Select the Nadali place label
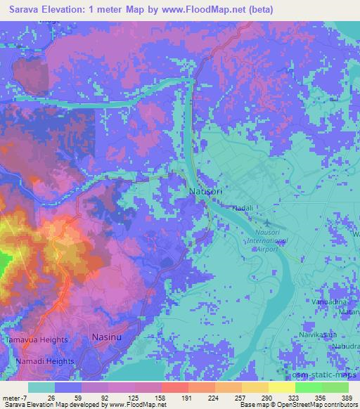pyautogui.click(x=243, y=208)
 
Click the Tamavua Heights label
pyautogui.click(x=37, y=339)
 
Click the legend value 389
pyautogui.click(x=346, y=398)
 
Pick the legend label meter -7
pyautogui.click(x=15, y=398)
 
